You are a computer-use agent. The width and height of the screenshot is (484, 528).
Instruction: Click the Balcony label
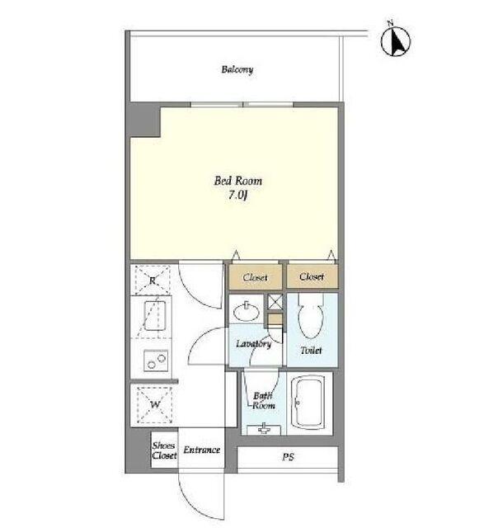pyautogui.click(x=237, y=69)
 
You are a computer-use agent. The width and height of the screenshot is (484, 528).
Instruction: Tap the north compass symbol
pyautogui.click(x=396, y=40)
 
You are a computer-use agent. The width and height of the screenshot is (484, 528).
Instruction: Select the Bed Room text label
pyautogui.click(x=238, y=181)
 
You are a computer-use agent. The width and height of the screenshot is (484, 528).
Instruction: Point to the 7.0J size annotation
pyautogui.click(x=237, y=196)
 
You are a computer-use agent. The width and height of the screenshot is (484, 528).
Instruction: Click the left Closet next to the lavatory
pyautogui.click(x=256, y=277)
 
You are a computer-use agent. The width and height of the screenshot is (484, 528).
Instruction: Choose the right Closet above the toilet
pyautogui.click(x=312, y=276)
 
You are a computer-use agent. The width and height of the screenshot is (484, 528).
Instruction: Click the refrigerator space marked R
pyautogui.click(x=153, y=280)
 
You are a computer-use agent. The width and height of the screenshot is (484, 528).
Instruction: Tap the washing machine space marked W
pyautogui.click(x=155, y=405)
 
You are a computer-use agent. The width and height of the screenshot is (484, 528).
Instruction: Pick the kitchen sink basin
pyautogui.click(x=154, y=315)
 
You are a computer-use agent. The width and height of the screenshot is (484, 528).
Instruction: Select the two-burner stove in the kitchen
pyautogui.click(x=156, y=361)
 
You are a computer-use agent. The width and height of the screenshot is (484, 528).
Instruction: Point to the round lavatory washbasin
pyautogui.click(x=247, y=312)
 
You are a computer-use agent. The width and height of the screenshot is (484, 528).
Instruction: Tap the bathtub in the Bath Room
pyautogui.click(x=308, y=403)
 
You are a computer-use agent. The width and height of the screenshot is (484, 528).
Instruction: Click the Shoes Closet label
pyautogui.click(x=164, y=450)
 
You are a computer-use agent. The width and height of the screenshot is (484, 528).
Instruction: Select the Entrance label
pyautogui.click(x=202, y=450)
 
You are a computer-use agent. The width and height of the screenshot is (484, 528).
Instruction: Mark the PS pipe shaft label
pyautogui.click(x=288, y=457)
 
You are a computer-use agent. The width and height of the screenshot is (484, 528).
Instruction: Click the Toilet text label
pyautogui.click(x=312, y=350)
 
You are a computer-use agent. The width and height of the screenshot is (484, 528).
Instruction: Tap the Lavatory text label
pyautogui.click(x=253, y=344)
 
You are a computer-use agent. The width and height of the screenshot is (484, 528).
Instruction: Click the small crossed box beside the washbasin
pyautogui.click(x=275, y=302)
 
